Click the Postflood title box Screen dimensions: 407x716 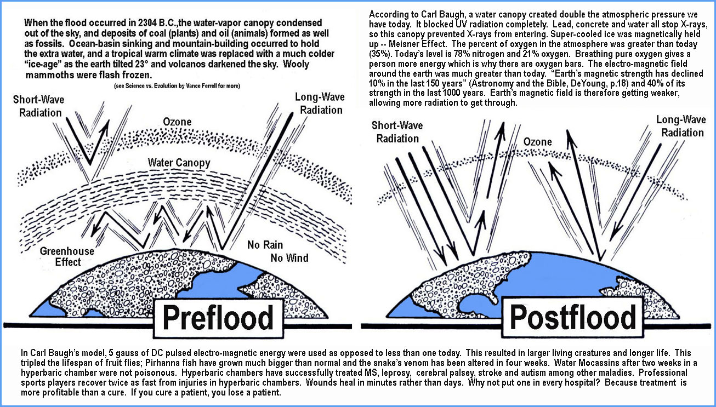tap(573, 317)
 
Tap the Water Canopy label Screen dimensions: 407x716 tap(179, 163)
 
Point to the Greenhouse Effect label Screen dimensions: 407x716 tap(67, 256)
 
